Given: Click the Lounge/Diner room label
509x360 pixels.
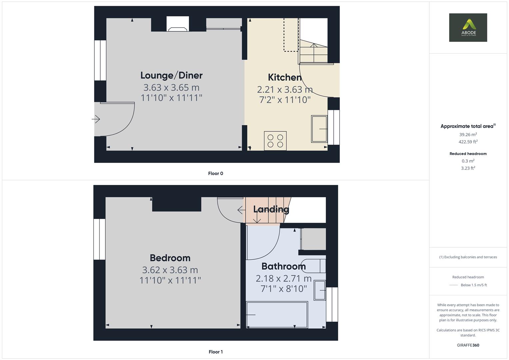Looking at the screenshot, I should coord(171,75).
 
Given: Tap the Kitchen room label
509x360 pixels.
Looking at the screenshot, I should coord(285,77).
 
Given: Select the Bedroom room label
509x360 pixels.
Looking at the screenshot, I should coord(170,258).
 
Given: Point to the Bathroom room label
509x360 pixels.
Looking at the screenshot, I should coord(283,266).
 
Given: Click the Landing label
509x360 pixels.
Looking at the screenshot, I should coord(271,209).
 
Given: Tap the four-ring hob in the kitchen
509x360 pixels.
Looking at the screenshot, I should coord(275,141).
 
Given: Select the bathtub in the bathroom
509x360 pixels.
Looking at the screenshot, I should coord(277,315).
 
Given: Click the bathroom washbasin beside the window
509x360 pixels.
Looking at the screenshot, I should coord(320,290).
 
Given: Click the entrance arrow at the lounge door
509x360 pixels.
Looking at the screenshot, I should coord(96,119).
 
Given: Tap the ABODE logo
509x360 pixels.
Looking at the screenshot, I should coord(468,27).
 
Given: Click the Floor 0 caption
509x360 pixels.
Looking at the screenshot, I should coord(216,173).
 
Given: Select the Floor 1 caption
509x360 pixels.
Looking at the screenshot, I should coord(216,352).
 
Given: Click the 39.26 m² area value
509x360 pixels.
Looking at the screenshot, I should coord(468,135).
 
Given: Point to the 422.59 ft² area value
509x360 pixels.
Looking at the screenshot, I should coord(468,142).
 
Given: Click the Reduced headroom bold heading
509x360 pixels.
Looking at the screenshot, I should coord(468,154).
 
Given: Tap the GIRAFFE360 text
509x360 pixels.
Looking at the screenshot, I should coord(468,345).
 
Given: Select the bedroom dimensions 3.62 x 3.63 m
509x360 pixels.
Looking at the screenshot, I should coord(170,270).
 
